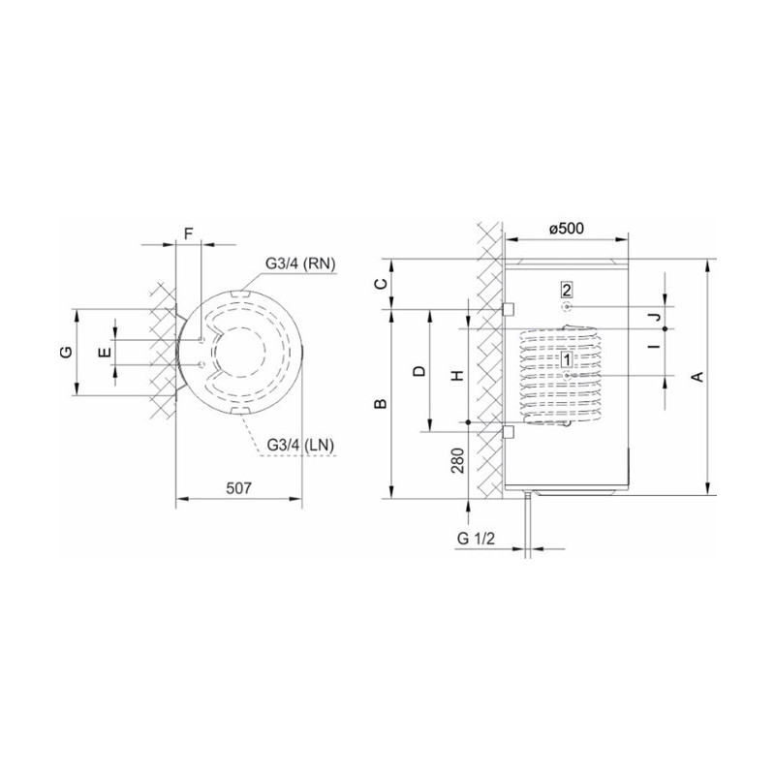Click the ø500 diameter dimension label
coord(566,229)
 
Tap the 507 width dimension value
coord(238,488)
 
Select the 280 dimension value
coord(458,460)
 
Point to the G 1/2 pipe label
coord(476,539)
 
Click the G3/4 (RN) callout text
coord(300,263)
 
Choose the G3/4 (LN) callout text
coord(300,446)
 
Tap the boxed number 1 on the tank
coord(567,359)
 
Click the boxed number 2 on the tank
coord(567,290)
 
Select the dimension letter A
coord(697,377)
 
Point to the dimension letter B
coord(381,404)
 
